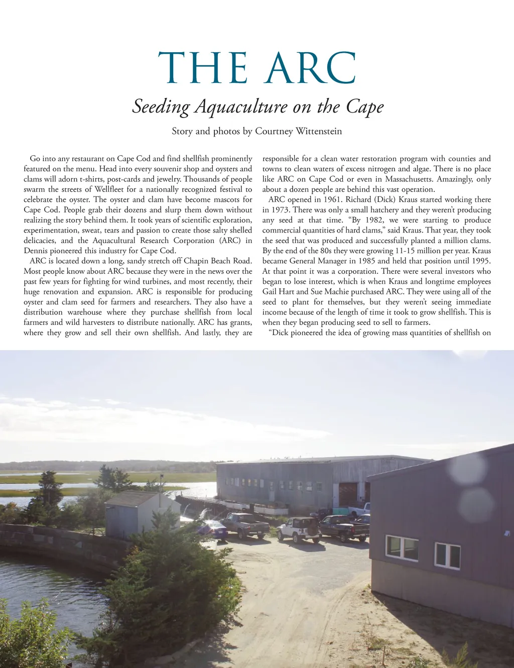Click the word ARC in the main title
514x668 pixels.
(311, 68)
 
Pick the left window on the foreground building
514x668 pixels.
(402, 548)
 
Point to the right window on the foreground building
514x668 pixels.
(447, 555)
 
